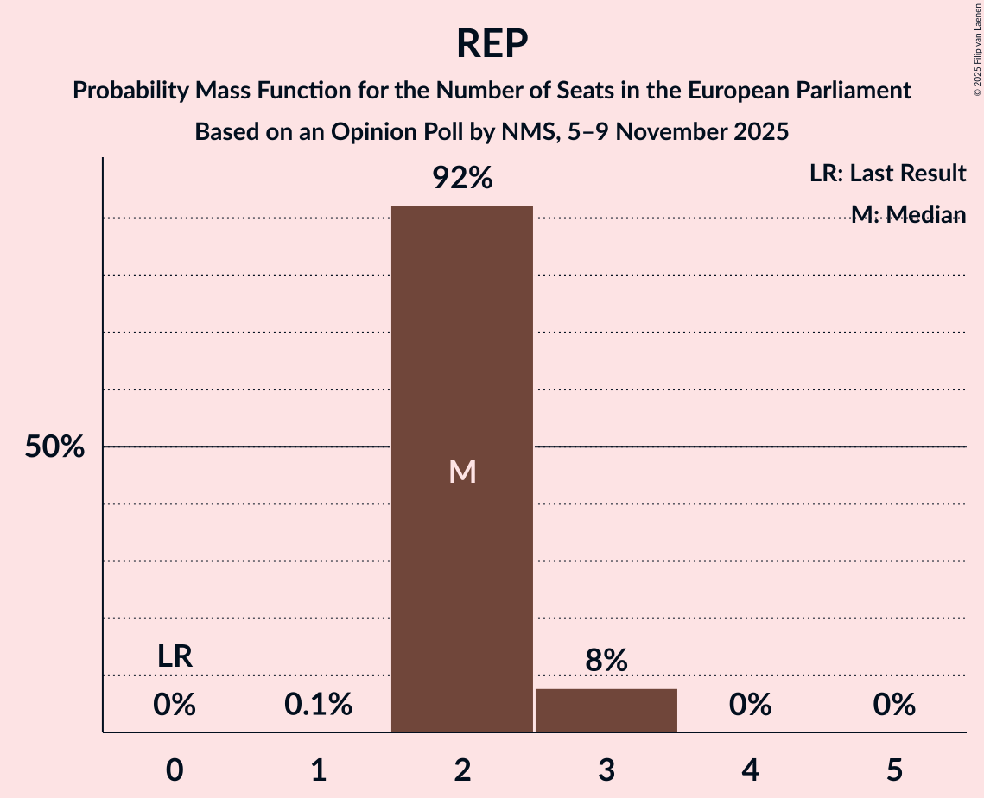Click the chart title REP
pyautogui.click(x=492, y=43)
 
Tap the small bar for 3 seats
pyautogui.click(x=606, y=710)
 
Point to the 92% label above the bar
pyautogui.click(x=462, y=179)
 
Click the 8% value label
pyautogui.click(x=606, y=661)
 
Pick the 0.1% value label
pyautogui.click(x=319, y=706)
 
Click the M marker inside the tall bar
pyautogui.click(x=462, y=472)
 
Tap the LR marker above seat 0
pyautogui.click(x=175, y=656)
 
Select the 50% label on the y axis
pyautogui.click(x=54, y=447)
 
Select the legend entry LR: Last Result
pyautogui.click(x=887, y=174)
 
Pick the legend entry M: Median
pyautogui.click(x=908, y=214)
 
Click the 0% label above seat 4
pyautogui.click(x=750, y=706)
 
